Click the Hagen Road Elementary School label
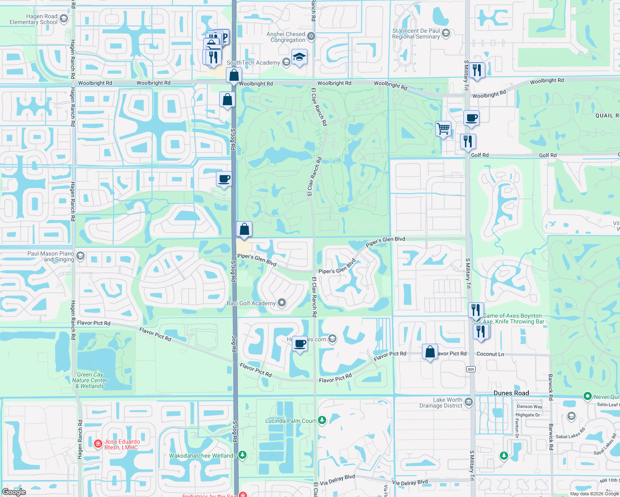(x=34, y=19)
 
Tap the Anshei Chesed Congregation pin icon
(x=311, y=36)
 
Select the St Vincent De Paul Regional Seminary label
(x=416, y=34)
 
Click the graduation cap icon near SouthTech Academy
(x=299, y=57)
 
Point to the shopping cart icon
(x=443, y=129)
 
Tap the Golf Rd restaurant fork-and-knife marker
(x=468, y=142)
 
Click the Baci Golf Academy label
(x=251, y=303)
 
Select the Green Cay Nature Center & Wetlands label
(x=90, y=380)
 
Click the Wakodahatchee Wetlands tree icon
(x=242, y=455)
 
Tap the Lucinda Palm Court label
(x=291, y=421)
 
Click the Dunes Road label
(x=511, y=393)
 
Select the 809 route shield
(x=471, y=369)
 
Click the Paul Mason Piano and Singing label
(x=51, y=256)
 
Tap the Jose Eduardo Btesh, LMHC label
(x=122, y=444)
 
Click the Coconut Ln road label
(x=490, y=354)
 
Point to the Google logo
(x=14, y=492)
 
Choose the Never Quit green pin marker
(x=587, y=396)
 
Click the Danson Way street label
(x=529, y=407)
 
